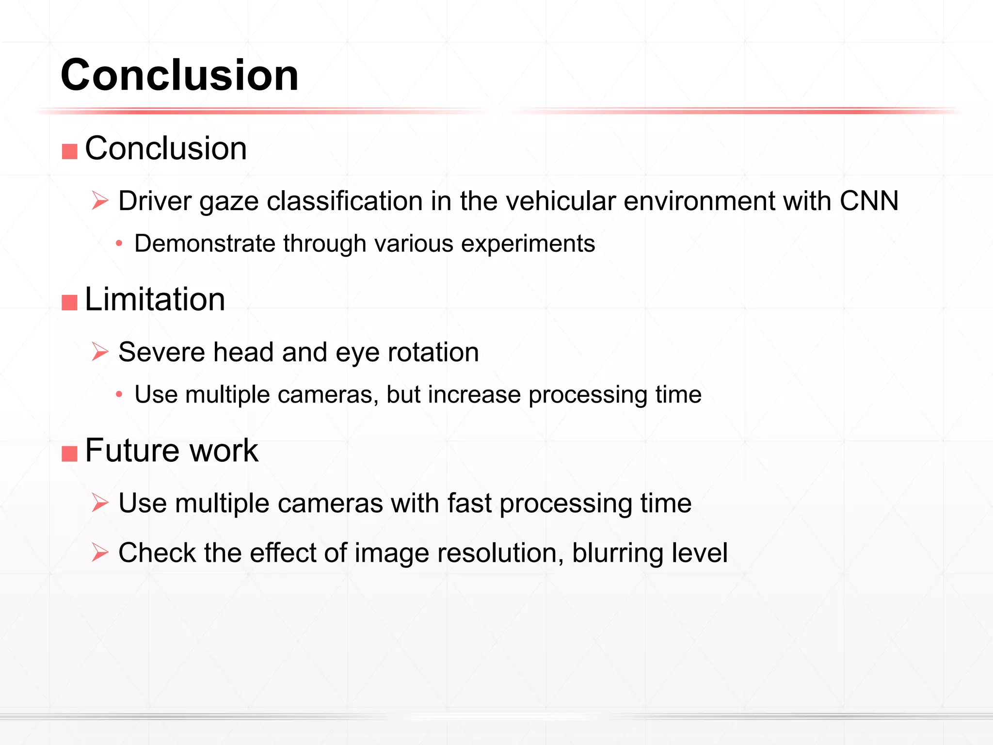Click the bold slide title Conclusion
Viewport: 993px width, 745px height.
[179, 75]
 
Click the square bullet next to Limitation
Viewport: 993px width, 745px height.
[70, 302]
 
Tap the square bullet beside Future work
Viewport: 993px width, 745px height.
[70, 453]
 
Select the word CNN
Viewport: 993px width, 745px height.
[869, 201]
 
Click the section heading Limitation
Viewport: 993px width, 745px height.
[155, 299]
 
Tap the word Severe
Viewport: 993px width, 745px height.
[161, 352]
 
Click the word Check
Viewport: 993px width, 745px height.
[157, 553]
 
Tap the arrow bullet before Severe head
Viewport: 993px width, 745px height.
[100, 352]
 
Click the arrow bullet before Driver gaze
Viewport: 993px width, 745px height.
[100, 200]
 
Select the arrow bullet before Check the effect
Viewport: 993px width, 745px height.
[100, 552]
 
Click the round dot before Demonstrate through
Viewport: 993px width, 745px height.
[119, 243]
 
